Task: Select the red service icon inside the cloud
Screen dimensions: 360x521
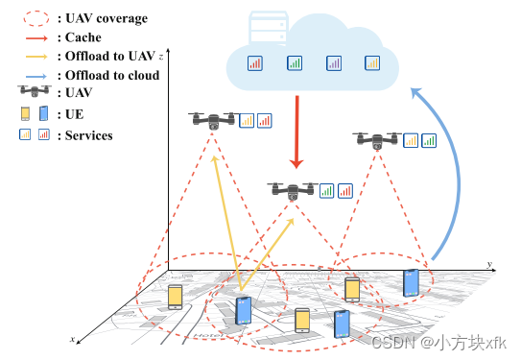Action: click(255, 64)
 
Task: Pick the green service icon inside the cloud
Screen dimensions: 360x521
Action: click(295, 64)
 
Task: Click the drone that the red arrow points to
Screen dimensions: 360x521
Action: click(293, 190)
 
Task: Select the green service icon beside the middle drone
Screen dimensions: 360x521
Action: click(327, 191)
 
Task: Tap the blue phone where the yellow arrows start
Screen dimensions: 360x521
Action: click(245, 309)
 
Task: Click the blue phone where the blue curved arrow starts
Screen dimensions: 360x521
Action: click(411, 282)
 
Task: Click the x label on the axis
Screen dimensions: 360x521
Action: click(73, 339)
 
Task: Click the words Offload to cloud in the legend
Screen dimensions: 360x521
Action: click(111, 75)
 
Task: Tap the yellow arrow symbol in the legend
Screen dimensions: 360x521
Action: click(34, 56)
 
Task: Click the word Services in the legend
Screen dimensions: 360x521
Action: click(89, 135)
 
